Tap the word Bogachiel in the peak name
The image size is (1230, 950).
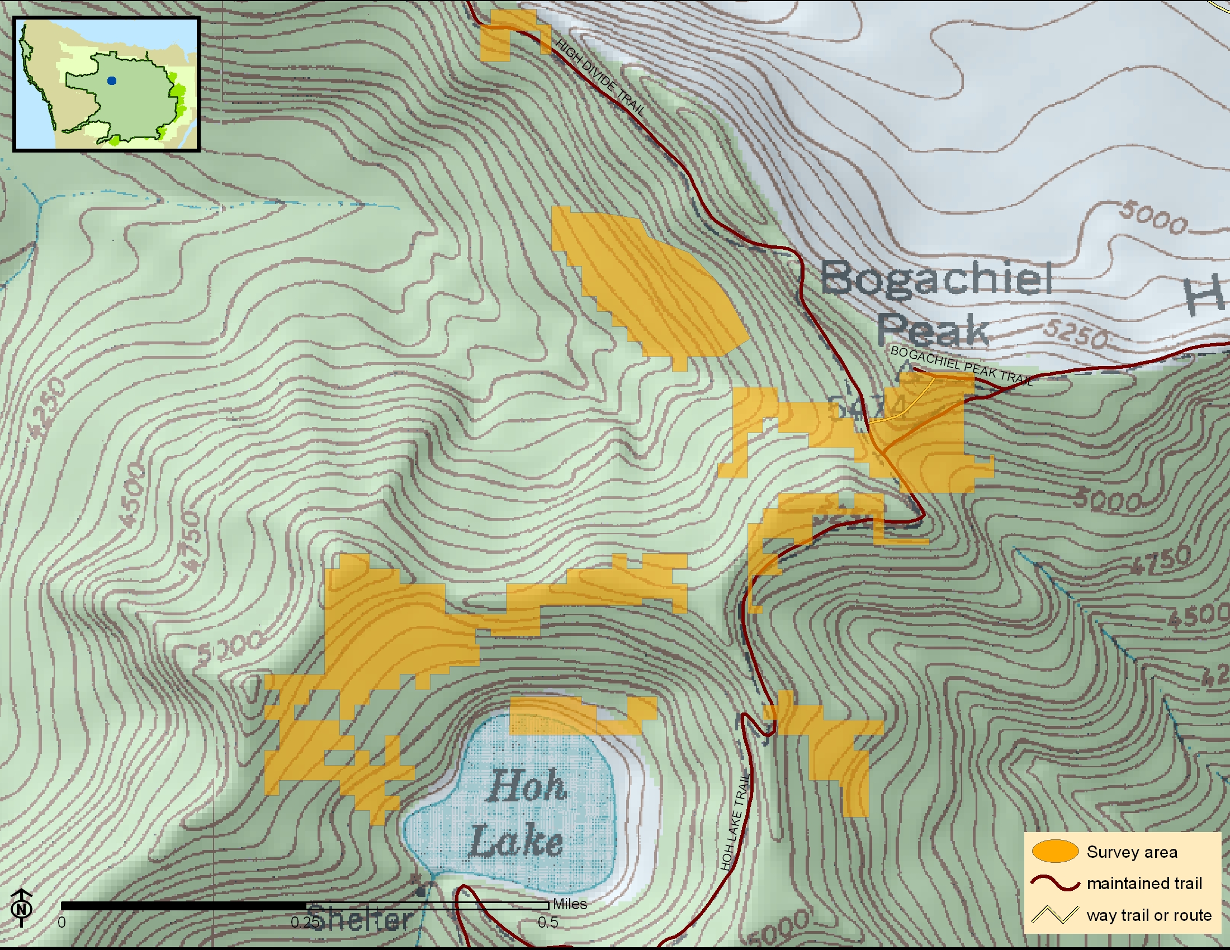pyautogui.click(x=936, y=278)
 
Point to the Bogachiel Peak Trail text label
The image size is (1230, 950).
pyautogui.click(x=962, y=366)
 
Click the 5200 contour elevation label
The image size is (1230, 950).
pyautogui.click(x=230, y=648)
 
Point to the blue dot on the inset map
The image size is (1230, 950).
pyautogui.click(x=111, y=81)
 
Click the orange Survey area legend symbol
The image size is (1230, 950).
pyautogui.click(x=1055, y=852)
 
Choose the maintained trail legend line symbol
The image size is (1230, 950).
pyautogui.click(x=1055, y=883)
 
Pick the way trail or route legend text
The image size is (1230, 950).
pyautogui.click(x=1149, y=915)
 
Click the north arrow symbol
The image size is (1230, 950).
pyautogui.click(x=21, y=906)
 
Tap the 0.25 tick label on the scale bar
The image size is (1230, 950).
pyautogui.click(x=304, y=923)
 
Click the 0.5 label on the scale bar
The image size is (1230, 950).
pyautogui.click(x=547, y=923)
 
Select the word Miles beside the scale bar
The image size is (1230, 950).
pyautogui.click(x=570, y=904)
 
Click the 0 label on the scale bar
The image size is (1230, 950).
pyautogui.click(x=62, y=923)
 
